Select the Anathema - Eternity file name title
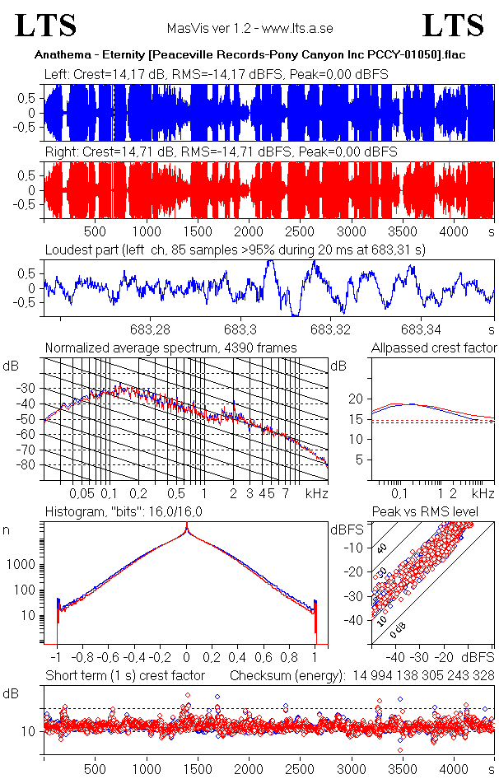pyautogui.click(x=249, y=55)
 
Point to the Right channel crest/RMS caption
pyautogui.click(x=221, y=153)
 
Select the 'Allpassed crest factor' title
pyautogui.click(x=434, y=348)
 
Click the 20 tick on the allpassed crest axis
pyautogui.click(x=355, y=399)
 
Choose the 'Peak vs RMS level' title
pyautogui.click(x=436, y=512)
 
